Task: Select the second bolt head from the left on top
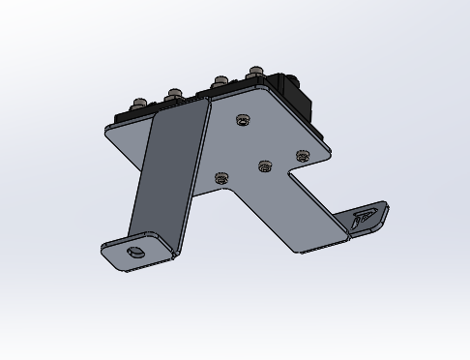(x=173, y=95)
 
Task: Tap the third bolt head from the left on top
(x=220, y=80)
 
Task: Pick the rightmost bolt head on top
(x=255, y=72)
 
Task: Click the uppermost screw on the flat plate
(x=241, y=121)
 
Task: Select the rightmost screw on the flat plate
(x=302, y=155)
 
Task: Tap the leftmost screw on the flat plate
(x=221, y=178)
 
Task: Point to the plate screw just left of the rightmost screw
(x=265, y=167)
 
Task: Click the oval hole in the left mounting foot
(x=135, y=253)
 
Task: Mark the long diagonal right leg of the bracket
(x=280, y=218)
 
